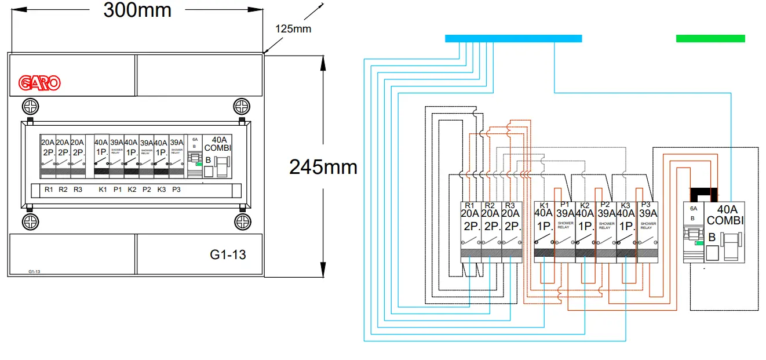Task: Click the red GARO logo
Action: tap(39, 83)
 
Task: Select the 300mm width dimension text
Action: tap(137, 10)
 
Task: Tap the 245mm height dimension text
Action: tap(323, 167)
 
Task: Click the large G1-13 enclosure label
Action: tap(228, 254)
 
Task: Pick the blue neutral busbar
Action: tap(513, 38)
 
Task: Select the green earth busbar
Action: tap(710, 38)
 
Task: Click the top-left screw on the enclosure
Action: tap(30, 107)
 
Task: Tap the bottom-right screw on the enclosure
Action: tap(241, 222)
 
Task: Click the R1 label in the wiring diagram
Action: tap(470, 205)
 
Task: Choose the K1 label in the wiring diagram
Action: tap(544, 205)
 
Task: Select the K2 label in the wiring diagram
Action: tap(585, 205)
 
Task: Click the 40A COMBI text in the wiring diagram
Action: tap(724, 215)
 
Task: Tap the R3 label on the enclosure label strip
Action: tap(78, 190)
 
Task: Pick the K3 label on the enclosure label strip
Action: tap(162, 190)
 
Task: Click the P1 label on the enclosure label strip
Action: tap(118, 190)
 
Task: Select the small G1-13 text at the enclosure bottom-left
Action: tap(34, 271)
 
